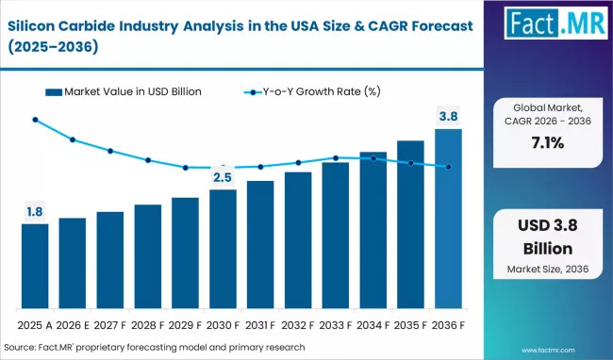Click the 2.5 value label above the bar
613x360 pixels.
point(223,177)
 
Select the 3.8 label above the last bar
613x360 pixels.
point(448,116)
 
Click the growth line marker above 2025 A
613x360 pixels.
point(35,120)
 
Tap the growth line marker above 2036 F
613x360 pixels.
point(448,167)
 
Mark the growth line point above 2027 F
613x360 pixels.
point(110,151)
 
